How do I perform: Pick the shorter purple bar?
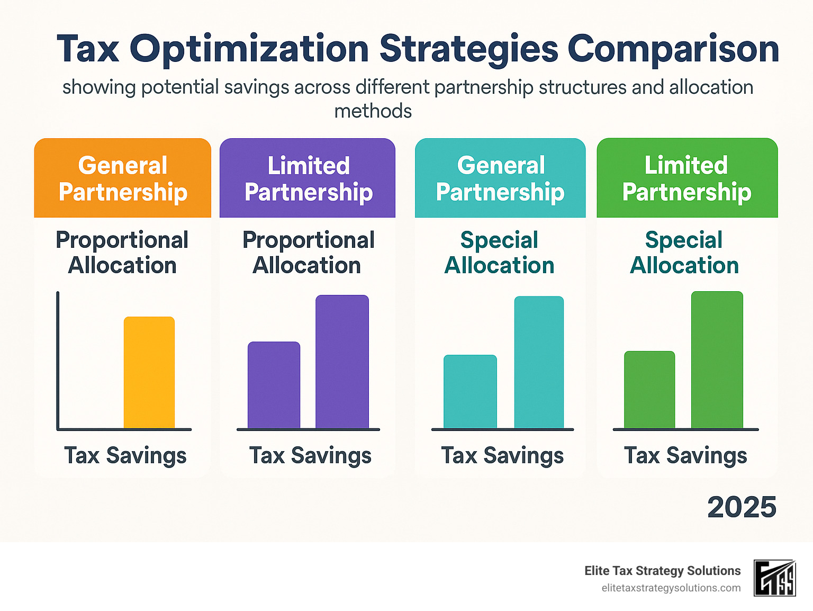click(274, 385)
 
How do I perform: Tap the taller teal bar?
click(539, 362)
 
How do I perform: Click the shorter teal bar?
click(470, 391)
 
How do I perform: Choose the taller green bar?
click(717, 360)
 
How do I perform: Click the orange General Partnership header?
click(123, 178)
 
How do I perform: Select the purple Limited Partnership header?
click(308, 178)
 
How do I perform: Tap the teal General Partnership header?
click(500, 178)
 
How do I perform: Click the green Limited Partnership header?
click(687, 178)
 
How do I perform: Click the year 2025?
click(742, 507)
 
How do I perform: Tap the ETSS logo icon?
click(774, 578)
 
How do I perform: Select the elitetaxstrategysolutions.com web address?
click(671, 588)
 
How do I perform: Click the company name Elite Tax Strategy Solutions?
click(662, 571)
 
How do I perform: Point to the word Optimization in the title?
click(249, 49)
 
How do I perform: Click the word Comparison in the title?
click(673, 49)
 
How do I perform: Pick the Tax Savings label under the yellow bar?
click(125, 455)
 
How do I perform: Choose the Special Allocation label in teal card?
click(499, 253)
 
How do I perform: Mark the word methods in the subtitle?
click(373, 111)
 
